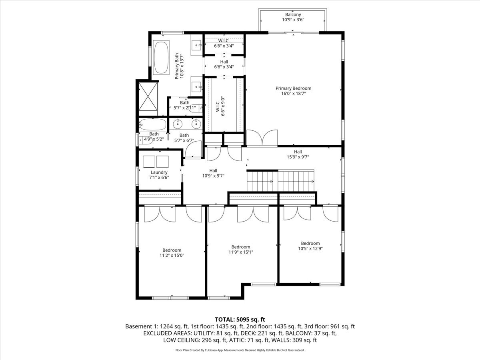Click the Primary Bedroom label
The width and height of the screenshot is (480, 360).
pyautogui.click(x=293, y=88)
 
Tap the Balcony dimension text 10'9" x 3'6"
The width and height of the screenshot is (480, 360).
pyautogui.click(x=293, y=20)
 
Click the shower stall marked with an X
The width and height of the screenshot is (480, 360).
pyautogui.click(x=148, y=96)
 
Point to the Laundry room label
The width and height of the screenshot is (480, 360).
pyautogui.click(x=159, y=172)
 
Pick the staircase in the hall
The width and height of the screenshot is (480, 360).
pyautogui.click(x=281, y=181)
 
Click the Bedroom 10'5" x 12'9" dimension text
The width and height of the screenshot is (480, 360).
pyautogui.click(x=310, y=248)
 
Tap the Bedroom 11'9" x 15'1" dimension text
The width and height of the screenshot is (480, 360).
pyautogui.click(x=240, y=252)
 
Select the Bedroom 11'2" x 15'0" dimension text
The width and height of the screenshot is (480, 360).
pyautogui.click(x=172, y=255)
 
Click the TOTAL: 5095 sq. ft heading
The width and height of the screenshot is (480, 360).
pyautogui.click(x=240, y=319)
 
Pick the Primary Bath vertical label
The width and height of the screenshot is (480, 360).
pyautogui.click(x=179, y=66)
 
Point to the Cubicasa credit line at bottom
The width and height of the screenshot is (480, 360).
pyautogui.click(x=240, y=350)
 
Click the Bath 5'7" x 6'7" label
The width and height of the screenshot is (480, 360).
pyautogui.click(x=184, y=138)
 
